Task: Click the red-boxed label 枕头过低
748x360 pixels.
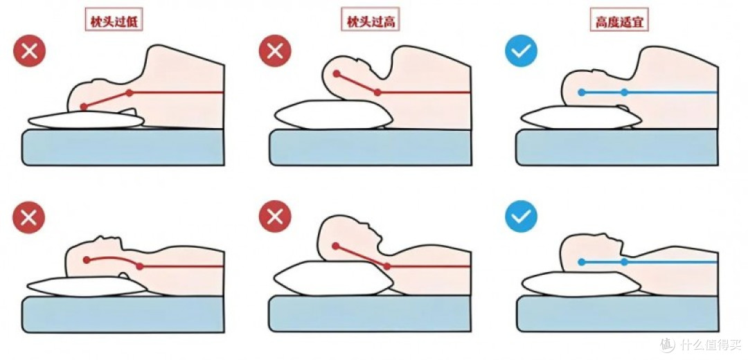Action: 114,21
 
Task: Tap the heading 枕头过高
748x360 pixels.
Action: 371,21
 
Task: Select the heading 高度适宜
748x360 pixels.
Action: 619,21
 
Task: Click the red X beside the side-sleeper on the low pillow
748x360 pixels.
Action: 29,51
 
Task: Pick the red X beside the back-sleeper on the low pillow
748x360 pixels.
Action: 29,217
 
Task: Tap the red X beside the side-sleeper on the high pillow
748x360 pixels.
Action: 275,51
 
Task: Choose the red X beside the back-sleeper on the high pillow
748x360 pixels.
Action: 275,217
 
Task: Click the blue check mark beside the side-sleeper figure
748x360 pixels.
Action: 521,51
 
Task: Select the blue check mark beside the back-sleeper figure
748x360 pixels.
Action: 521,217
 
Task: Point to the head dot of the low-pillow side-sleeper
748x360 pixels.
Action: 84,107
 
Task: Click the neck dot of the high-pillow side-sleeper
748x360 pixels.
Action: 377,93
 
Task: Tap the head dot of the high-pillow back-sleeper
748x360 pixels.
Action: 336,246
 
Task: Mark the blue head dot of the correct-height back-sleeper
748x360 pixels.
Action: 581,262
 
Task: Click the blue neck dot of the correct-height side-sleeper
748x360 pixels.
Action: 625,92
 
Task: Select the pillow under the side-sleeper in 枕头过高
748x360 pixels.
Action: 334,114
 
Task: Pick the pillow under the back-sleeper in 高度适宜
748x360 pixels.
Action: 581,284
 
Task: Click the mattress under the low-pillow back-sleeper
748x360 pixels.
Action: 123,314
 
